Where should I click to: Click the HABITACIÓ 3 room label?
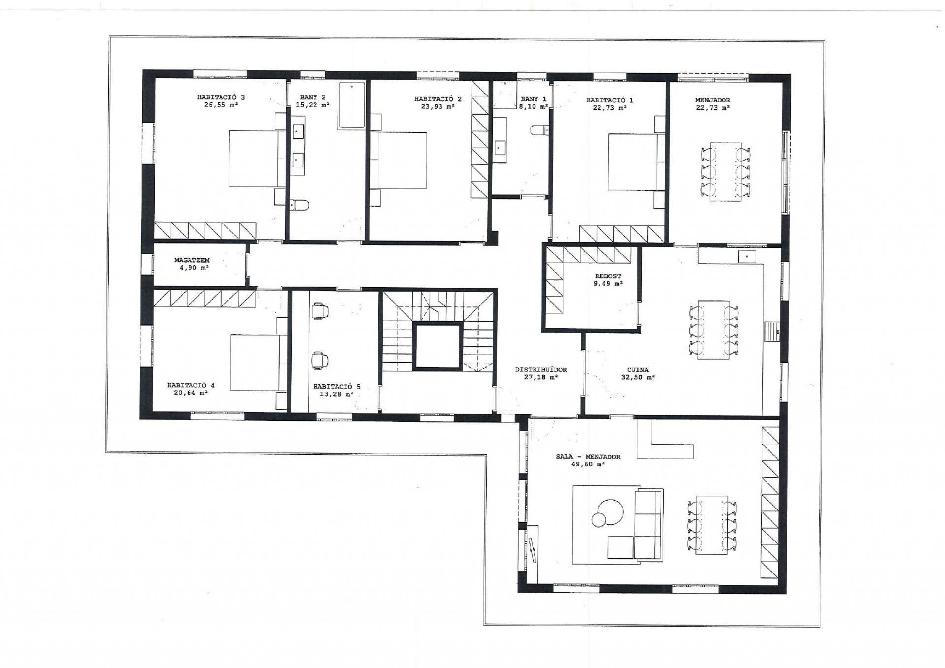coord(221,97)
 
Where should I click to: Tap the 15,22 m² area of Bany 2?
coord(313,105)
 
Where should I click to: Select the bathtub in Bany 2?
coord(351,105)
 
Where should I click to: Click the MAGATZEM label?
coord(192,260)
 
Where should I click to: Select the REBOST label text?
coord(608,276)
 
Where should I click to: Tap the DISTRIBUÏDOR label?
coord(541,370)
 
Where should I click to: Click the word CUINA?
coord(638,370)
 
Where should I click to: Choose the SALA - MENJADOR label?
coord(588,457)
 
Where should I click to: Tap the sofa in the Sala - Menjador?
coord(649,524)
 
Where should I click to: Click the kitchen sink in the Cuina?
coord(747,256)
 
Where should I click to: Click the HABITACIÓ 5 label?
coord(337,387)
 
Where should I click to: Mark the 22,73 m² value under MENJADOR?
coord(713,108)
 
